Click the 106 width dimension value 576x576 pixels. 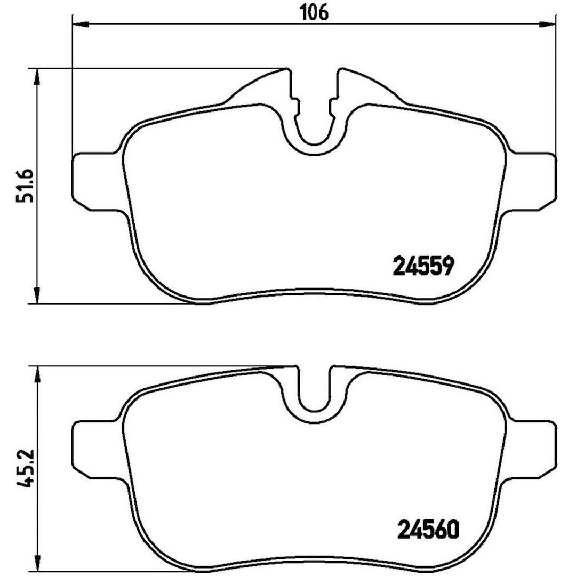click(x=314, y=12)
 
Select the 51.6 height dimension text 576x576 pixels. click(x=25, y=186)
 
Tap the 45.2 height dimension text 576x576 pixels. click(x=25, y=468)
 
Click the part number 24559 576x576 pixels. click(x=424, y=266)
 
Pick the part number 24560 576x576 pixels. click(x=428, y=530)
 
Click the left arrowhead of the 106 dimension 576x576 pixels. click(x=81, y=25)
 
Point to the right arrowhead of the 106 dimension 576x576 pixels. click(x=547, y=25)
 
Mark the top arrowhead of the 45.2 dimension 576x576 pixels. click(x=37, y=375)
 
